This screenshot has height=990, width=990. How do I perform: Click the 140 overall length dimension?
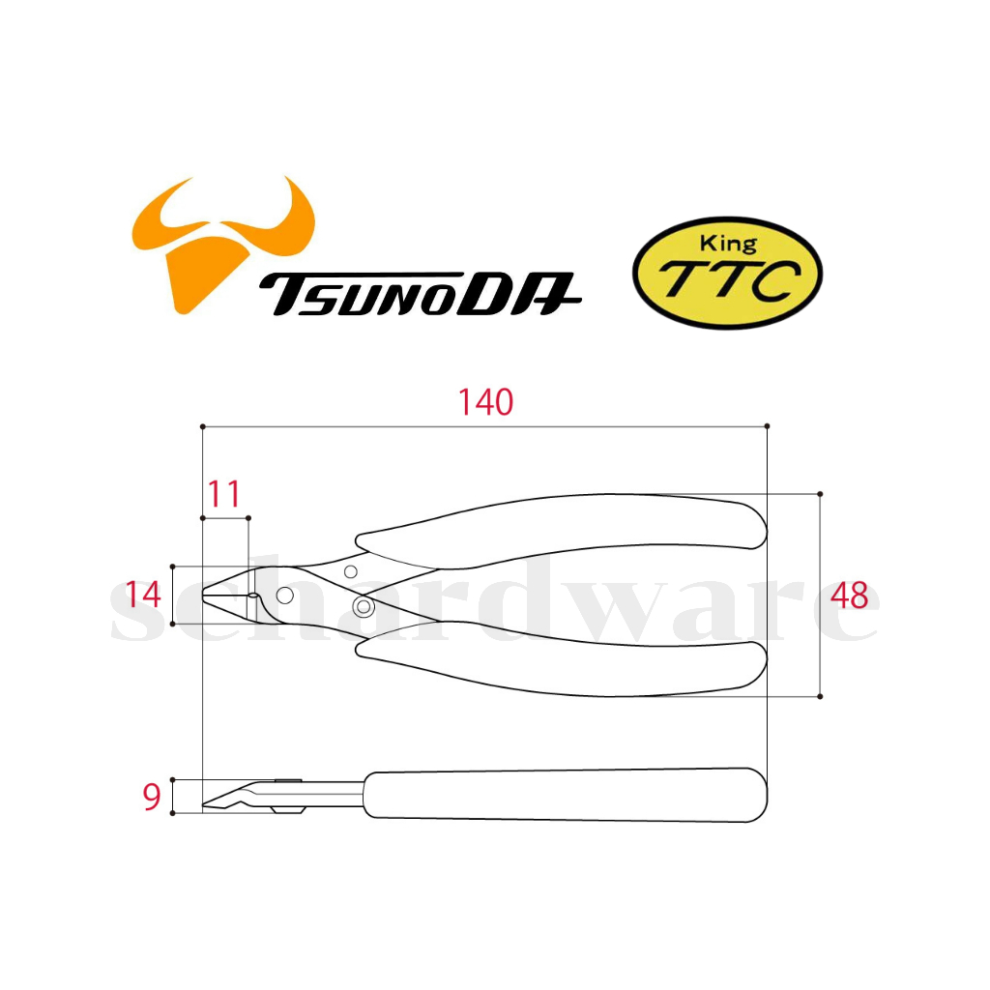point(485,402)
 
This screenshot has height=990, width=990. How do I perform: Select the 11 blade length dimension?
point(224,494)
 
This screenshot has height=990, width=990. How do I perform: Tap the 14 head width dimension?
point(143,595)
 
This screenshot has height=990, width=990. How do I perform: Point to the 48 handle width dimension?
point(849,596)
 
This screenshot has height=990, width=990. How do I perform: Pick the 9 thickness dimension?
point(152,797)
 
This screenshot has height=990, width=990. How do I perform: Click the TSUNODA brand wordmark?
point(420,294)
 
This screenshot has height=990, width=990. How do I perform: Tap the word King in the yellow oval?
point(728,243)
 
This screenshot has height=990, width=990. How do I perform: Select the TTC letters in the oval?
point(729,279)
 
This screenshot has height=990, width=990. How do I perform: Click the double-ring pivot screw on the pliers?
point(364,607)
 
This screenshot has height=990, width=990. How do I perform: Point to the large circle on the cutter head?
point(285,595)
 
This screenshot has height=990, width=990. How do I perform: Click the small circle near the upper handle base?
point(350,572)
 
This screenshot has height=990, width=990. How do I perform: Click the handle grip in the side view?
point(566,795)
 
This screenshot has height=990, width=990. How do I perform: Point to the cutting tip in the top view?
point(203,595)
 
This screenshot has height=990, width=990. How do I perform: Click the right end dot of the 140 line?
point(767,426)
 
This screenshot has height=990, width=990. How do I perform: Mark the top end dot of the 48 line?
point(820,494)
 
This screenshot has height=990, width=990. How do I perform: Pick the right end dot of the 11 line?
point(248,518)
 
